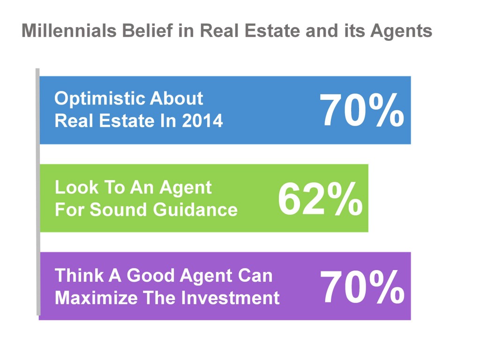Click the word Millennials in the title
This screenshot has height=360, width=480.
(69, 30)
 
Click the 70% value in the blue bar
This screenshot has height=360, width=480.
(361, 110)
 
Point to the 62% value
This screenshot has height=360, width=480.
(320, 199)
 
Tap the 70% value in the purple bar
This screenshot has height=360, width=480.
(362, 287)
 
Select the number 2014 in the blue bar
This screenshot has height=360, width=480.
(202, 120)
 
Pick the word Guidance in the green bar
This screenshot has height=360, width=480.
(195, 210)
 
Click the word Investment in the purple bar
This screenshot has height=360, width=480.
(230, 298)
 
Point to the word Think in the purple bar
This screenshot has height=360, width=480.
(79, 275)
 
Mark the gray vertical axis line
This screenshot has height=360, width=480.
(37, 192)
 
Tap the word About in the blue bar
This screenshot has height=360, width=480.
(176, 98)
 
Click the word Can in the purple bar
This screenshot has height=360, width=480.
(255, 275)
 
